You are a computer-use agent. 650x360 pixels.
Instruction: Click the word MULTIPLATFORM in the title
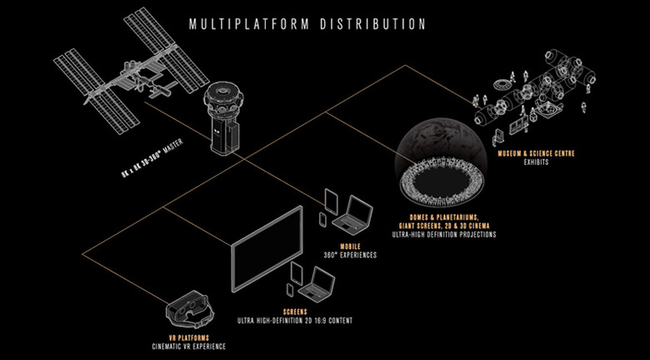point(248,23)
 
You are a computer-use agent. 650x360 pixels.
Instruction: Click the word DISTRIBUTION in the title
point(372,23)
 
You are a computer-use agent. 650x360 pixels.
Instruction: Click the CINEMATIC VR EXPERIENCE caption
point(188,347)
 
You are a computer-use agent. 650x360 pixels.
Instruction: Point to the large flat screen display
point(267,249)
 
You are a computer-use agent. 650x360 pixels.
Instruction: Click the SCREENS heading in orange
point(295,312)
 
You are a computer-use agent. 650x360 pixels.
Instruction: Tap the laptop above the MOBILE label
point(352,212)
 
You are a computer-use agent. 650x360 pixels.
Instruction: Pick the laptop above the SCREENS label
point(315,284)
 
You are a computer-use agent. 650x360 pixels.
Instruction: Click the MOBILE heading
point(350,247)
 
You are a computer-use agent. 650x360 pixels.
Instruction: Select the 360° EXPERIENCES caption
point(350,255)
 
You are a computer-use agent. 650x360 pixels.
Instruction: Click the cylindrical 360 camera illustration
point(222,120)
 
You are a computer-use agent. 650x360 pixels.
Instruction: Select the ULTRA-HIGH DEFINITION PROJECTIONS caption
point(444,234)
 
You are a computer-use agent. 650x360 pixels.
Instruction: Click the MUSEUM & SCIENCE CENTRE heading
point(536,154)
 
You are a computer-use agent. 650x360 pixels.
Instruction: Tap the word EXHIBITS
point(536,162)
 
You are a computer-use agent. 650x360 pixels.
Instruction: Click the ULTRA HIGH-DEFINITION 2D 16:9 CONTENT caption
point(295,321)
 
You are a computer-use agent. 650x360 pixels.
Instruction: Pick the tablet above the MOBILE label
point(331,201)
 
